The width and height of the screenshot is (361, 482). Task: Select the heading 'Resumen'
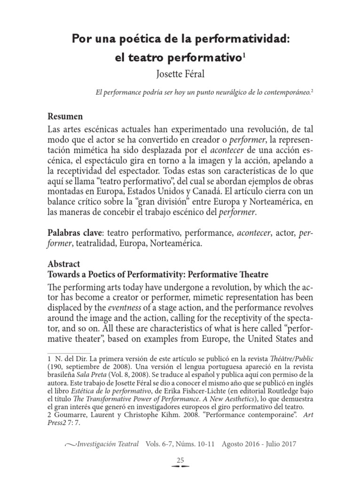pyautogui.click(x=66, y=117)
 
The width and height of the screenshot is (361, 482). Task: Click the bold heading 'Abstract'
pyautogui.click(x=65, y=264)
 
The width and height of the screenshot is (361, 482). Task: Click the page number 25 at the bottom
pyautogui.click(x=180, y=460)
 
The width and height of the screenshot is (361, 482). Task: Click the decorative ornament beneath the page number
pyautogui.click(x=180, y=468)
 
